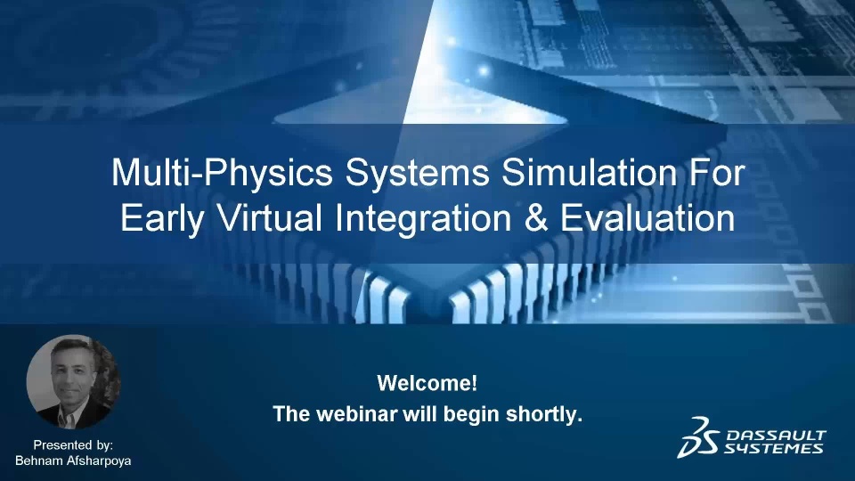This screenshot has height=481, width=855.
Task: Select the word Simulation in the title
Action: point(589,172)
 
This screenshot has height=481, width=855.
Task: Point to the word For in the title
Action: point(716,172)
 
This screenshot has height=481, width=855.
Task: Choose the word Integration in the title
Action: point(423,220)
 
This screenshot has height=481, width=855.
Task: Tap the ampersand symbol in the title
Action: point(535,218)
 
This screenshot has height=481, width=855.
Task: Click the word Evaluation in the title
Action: point(647,217)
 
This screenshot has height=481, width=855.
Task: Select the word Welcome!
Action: point(427,383)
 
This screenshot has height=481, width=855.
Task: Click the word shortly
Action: point(543,414)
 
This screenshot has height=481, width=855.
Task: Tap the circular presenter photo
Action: point(73,382)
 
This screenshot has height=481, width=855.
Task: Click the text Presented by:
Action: point(73,445)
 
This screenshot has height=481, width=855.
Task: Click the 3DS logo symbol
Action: point(697,437)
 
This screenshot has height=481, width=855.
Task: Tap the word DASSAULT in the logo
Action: point(777,436)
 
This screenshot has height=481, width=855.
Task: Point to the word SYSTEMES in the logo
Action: point(773,448)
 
